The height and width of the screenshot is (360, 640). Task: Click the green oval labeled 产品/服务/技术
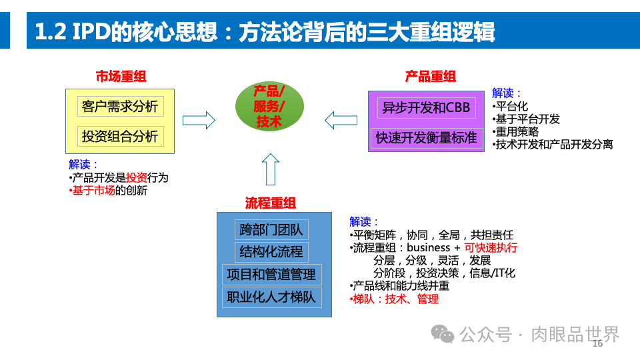269,107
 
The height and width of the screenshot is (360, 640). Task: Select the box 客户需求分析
120,105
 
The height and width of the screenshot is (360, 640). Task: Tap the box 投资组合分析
120,136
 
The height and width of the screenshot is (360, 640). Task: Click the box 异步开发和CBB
426,107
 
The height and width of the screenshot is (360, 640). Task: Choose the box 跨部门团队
271,230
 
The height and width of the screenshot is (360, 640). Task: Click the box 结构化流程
271,252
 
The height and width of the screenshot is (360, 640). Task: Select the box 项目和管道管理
271,274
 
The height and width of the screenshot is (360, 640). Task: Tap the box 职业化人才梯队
271,297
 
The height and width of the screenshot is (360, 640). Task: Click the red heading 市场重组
121,76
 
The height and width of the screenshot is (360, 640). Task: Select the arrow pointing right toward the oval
199,120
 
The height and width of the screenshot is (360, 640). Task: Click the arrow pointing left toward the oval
341,121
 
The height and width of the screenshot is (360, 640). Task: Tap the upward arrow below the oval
270,169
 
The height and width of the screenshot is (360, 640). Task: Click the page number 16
597,343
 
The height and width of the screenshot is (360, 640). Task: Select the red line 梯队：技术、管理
395,299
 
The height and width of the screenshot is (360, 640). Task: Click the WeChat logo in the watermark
442,334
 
